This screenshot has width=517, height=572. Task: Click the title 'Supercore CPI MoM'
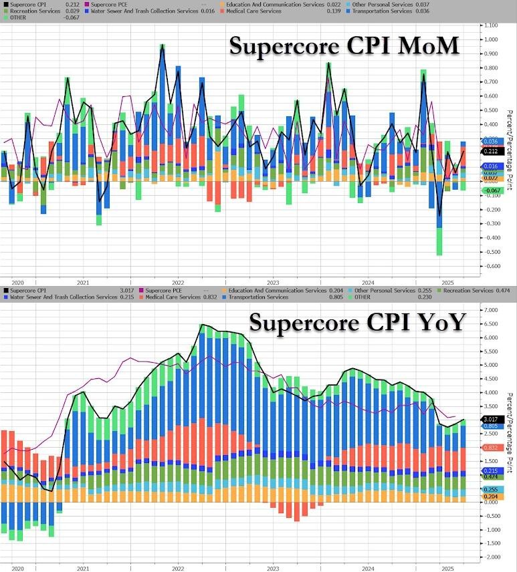point(344,46)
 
